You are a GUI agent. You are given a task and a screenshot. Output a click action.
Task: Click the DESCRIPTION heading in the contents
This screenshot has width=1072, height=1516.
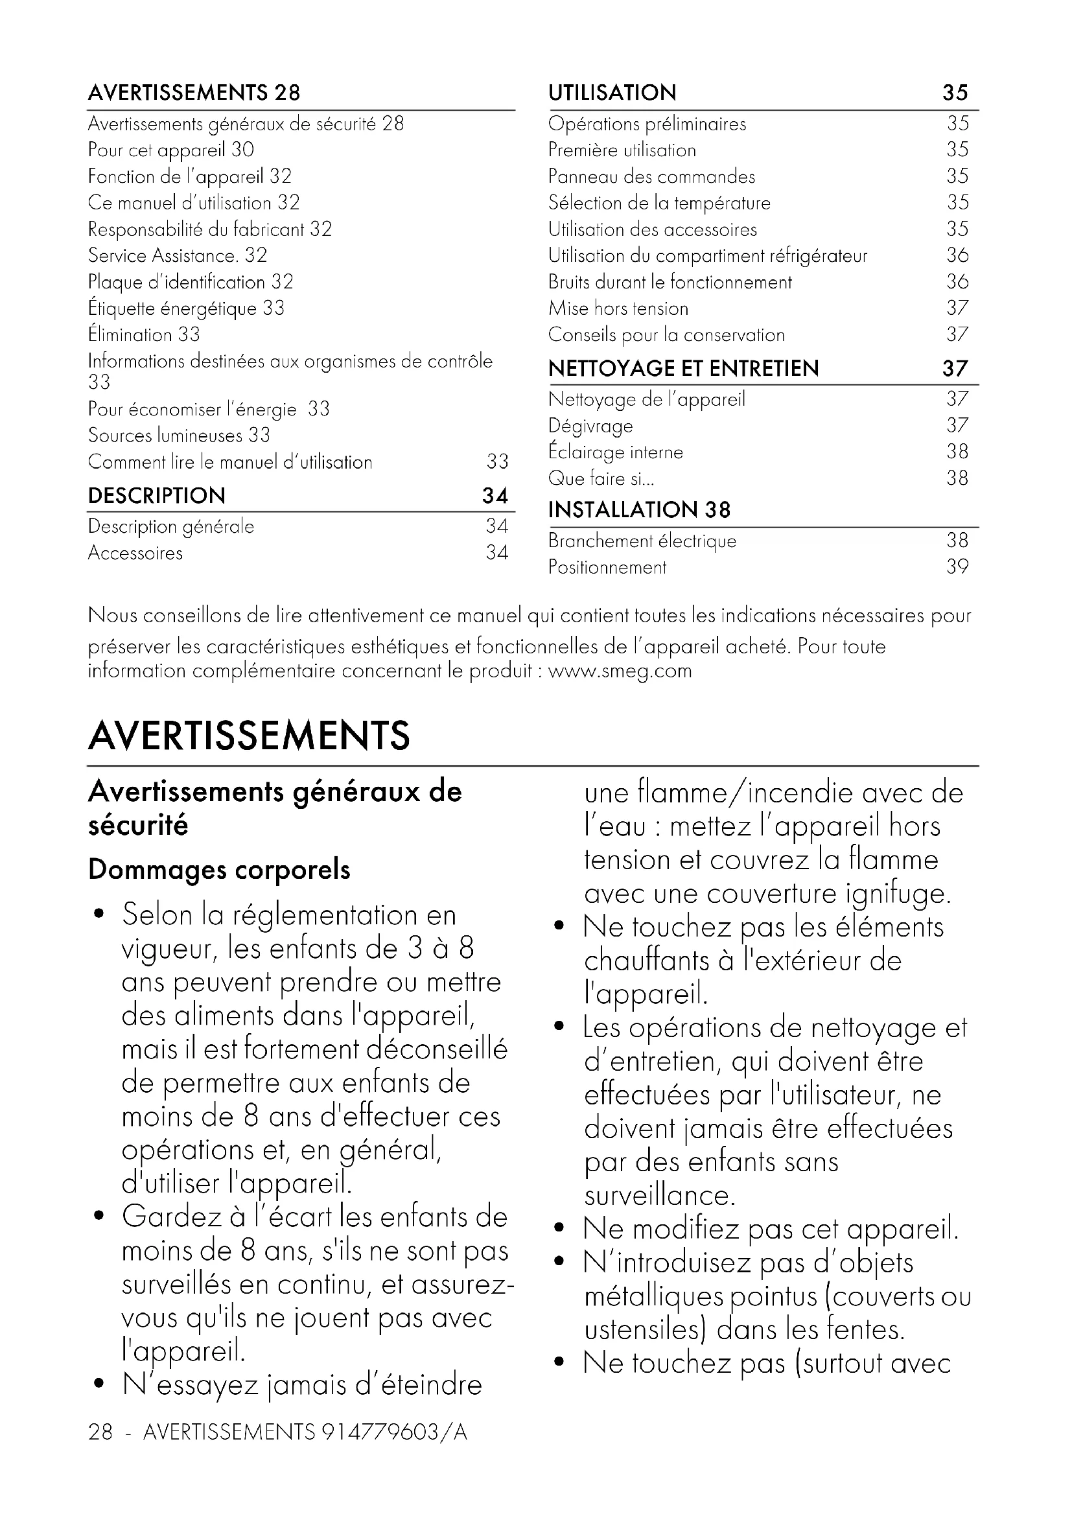[x=156, y=495]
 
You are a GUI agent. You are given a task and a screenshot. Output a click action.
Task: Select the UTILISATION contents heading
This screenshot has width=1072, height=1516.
[x=612, y=93]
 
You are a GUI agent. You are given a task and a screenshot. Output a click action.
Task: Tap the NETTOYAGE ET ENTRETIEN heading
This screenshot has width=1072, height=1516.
[x=683, y=368]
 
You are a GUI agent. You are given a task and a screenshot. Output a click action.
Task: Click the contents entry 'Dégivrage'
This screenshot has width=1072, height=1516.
[x=590, y=426]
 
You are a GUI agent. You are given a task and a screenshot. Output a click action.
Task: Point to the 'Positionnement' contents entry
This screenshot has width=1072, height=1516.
[x=607, y=567]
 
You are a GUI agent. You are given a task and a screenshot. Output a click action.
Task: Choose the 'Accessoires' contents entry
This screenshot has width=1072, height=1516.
[x=135, y=553]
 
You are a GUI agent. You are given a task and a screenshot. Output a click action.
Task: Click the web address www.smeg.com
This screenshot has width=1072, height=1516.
[x=620, y=671]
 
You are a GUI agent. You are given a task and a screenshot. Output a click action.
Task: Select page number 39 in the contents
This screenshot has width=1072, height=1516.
[x=957, y=566]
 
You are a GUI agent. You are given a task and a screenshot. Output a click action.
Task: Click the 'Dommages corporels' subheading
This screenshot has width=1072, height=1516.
[x=219, y=870]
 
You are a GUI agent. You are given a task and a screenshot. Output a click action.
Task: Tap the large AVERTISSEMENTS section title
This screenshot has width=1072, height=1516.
[x=249, y=736]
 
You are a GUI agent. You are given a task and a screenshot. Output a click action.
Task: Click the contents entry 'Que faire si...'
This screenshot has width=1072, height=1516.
[x=601, y=478]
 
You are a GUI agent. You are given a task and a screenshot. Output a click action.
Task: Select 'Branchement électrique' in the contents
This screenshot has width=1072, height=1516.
[x=642, y=541]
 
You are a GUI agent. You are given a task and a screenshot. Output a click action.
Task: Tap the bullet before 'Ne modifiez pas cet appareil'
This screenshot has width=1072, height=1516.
[x=559, y=1229]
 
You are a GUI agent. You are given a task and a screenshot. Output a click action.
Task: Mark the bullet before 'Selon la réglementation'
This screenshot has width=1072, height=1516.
[x=99, y=915]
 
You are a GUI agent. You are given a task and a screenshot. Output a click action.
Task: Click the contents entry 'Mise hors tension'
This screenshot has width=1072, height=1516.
[x=618, y=309]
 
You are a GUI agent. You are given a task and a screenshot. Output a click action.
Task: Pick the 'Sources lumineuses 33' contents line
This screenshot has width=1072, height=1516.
[x=179, y=435]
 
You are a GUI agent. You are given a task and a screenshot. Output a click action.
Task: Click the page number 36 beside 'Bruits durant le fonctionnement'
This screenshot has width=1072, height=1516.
[x=957, y=281]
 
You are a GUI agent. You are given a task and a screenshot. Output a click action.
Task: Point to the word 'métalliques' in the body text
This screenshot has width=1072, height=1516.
[x=653, y=1297]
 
